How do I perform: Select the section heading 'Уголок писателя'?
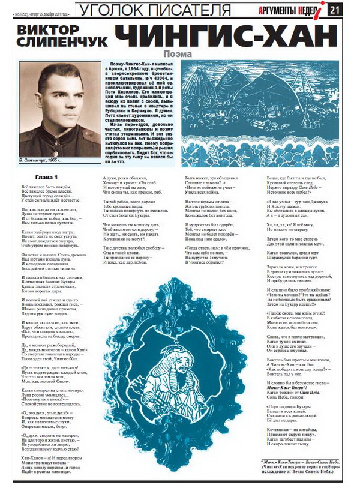tap(154, 10)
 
